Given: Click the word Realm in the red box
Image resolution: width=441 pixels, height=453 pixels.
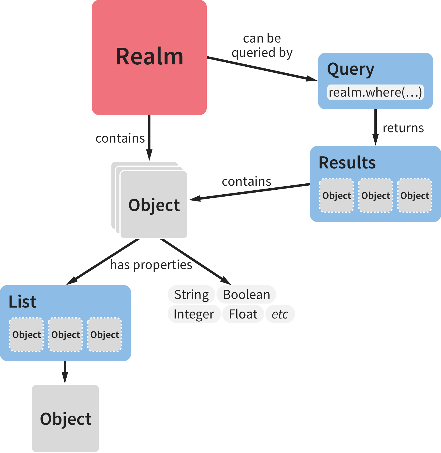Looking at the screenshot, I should coord(149,57).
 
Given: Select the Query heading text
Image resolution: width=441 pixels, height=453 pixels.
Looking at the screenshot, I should coord(351,70).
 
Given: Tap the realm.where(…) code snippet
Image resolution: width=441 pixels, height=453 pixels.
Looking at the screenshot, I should coord(375,92).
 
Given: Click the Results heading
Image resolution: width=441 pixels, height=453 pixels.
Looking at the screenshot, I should coord(347,163).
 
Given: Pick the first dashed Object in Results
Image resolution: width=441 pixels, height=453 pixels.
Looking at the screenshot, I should coord(336,195).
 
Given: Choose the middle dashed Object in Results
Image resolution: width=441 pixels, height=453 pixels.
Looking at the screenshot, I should coord(376,195).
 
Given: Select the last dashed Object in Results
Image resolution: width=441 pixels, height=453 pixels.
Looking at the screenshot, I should coord(415,195).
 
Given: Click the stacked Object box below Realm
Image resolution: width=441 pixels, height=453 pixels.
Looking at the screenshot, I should coord(154,205).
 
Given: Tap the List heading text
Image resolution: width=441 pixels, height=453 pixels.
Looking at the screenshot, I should coord(22,302).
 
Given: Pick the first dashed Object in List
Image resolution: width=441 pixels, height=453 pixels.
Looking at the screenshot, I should coord(26,335).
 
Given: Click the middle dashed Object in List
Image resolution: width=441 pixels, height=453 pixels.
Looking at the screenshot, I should coord(65,335).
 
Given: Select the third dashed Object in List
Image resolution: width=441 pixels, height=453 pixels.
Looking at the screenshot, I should coord(105,335).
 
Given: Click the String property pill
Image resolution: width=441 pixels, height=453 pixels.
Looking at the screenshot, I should coord(191,295).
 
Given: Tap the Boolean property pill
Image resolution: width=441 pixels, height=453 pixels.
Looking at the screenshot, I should coord(246,295).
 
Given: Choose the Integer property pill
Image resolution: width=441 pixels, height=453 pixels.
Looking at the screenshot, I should coord(194,314).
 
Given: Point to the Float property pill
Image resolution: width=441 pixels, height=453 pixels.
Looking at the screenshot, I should coord(243,314).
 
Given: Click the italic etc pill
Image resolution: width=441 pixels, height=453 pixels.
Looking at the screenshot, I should coord(280,314).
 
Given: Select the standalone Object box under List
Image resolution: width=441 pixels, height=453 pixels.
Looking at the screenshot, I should coord(65,419).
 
